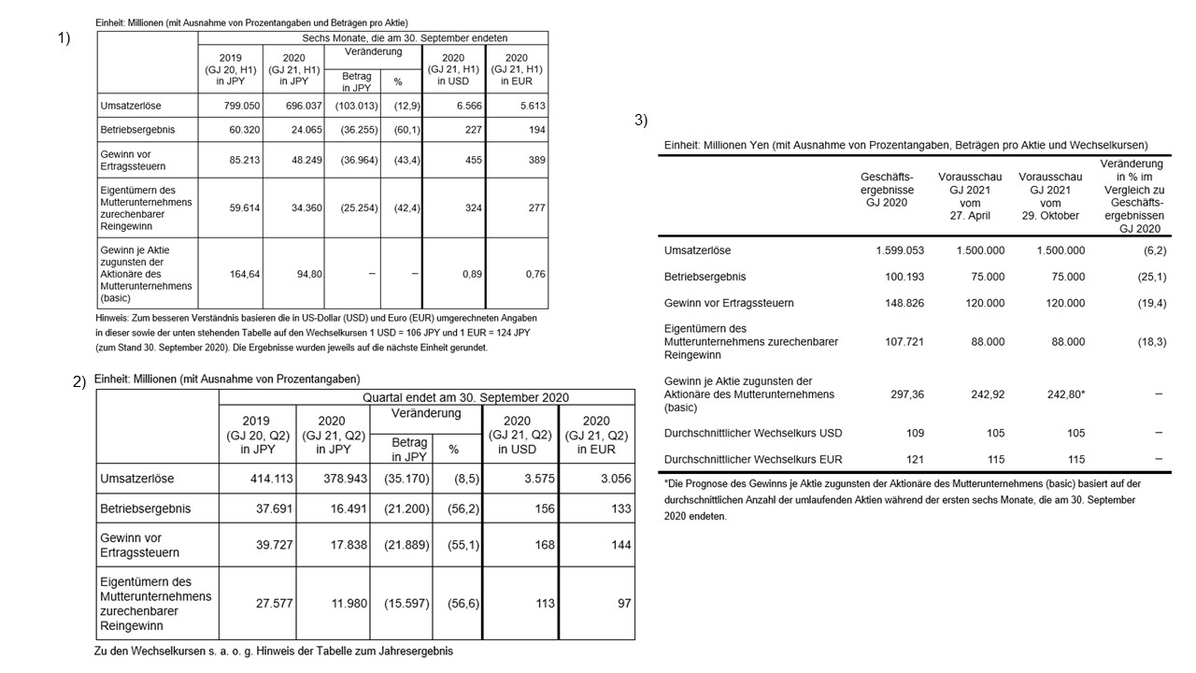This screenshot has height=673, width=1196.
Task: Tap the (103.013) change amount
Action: click(x=355, y=107)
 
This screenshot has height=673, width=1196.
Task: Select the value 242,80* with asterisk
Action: click(x=1065, y=394)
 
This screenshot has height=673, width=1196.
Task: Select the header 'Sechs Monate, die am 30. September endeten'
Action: click(x=406, y=38)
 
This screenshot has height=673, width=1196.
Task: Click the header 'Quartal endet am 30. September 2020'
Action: click(x=465, y=397)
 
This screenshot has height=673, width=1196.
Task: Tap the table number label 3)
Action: click(x=641, y=120)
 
